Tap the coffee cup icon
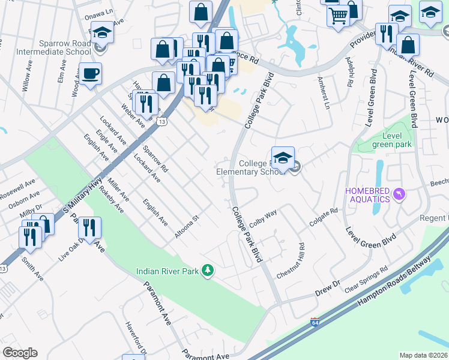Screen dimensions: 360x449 (x=90, y=74)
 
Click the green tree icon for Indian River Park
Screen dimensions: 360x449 (x=208, y=271)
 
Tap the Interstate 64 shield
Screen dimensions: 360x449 (x=316, y=322)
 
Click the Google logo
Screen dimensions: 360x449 (x=20, y=353)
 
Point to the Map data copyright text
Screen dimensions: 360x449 (x=423, y=355)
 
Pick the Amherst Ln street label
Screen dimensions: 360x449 (x=323, y=95)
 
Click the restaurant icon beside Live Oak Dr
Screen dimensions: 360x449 (x=89, y=229)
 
